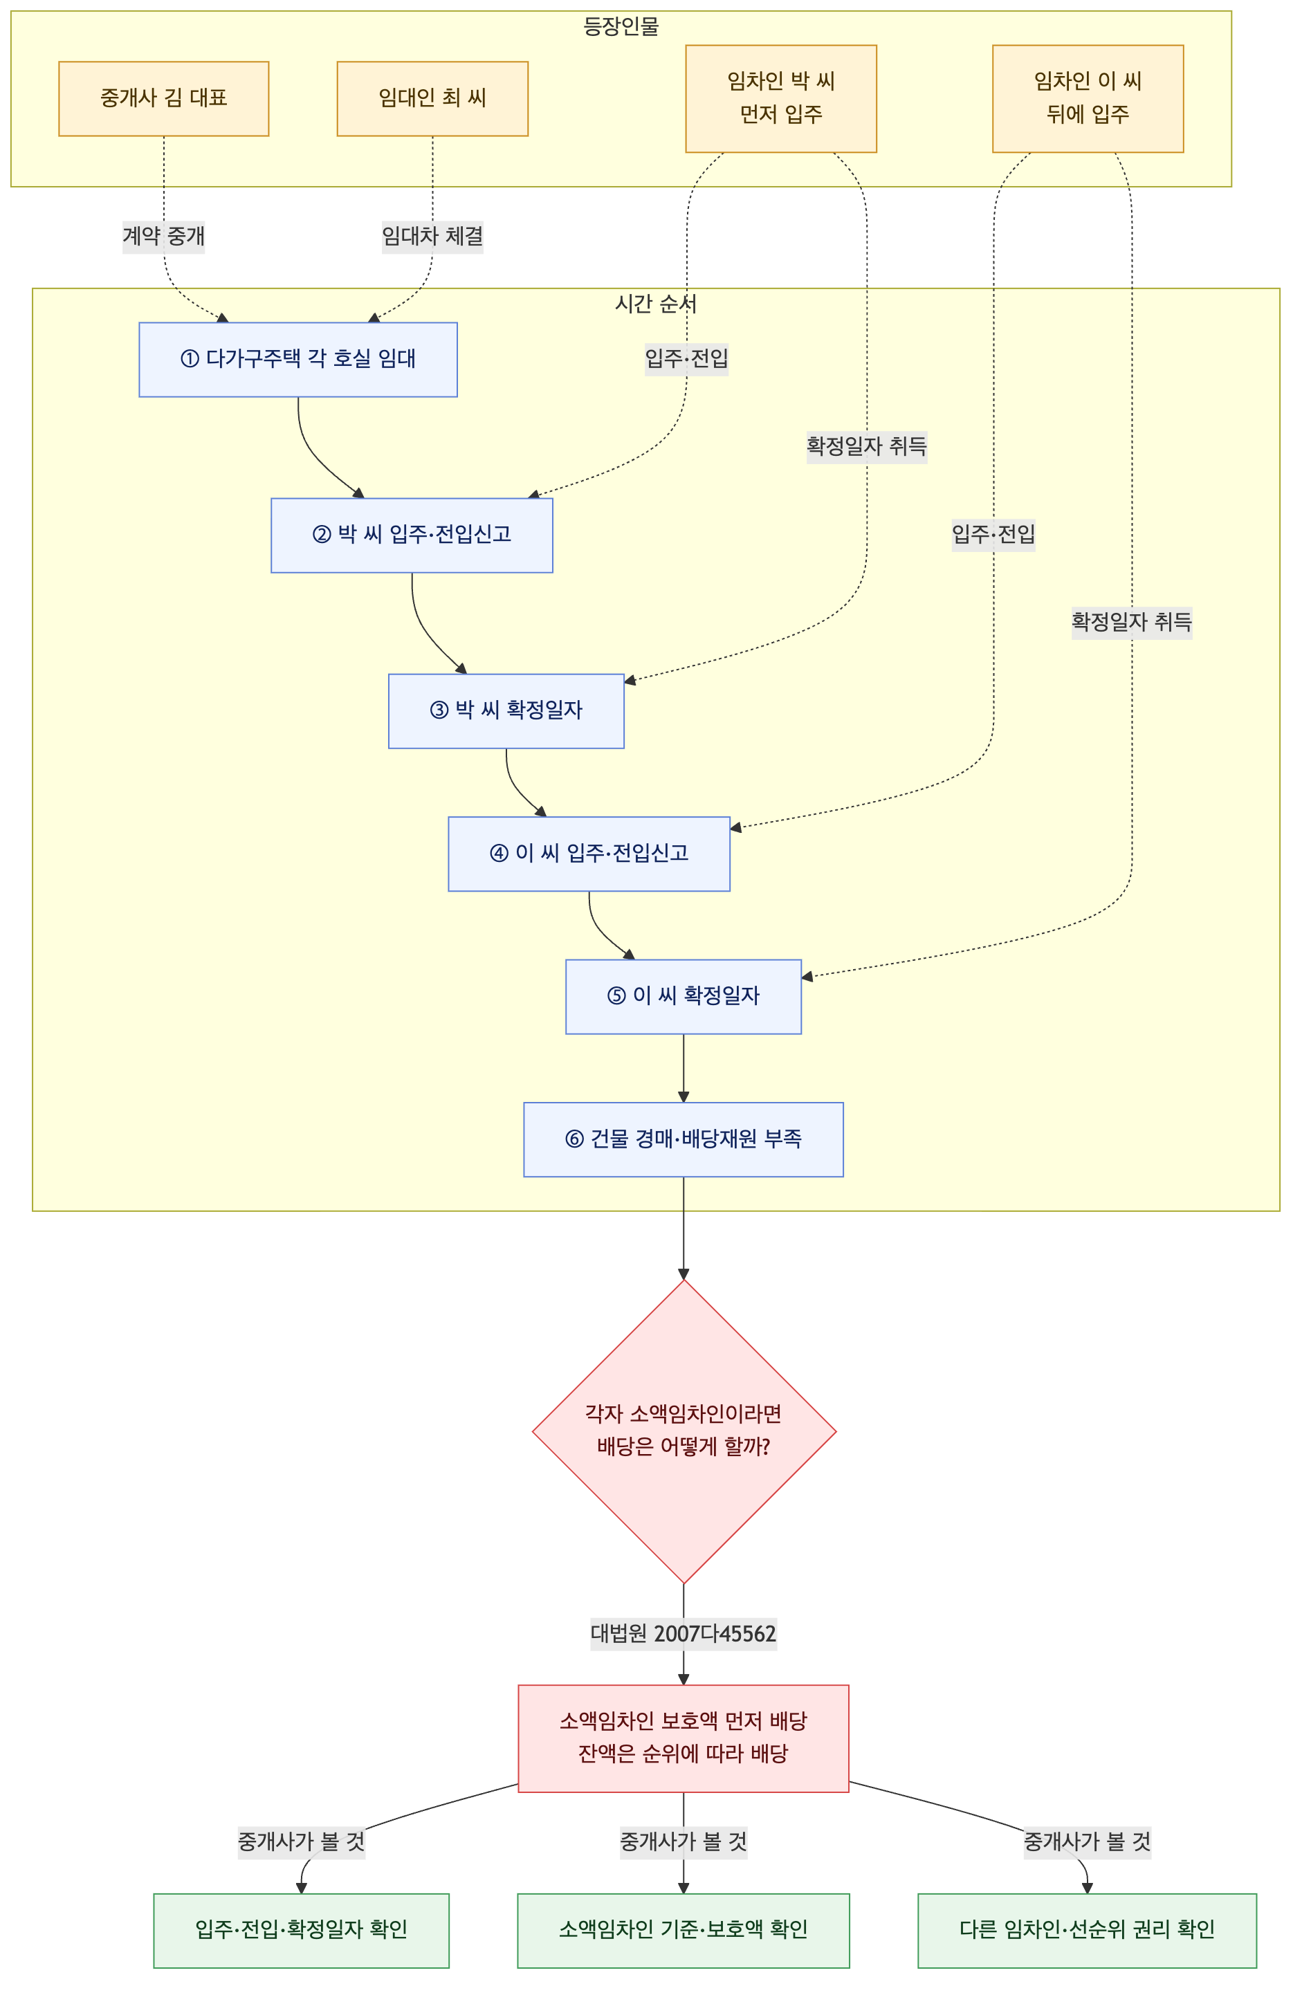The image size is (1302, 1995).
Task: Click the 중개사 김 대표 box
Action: [x=163, y=98]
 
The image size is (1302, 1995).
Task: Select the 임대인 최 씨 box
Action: [x=432, y=98]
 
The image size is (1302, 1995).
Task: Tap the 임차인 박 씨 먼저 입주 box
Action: [x=781, y=98]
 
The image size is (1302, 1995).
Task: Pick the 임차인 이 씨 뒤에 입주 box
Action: [x=1088, y=98]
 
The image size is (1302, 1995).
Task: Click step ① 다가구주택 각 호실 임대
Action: [x=298, y=360]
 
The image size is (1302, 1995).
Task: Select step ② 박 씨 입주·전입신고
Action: [x=412, y=535]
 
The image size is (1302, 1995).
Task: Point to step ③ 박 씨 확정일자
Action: [x=506, y=711]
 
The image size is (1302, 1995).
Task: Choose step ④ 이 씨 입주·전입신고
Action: [x=589, y=854]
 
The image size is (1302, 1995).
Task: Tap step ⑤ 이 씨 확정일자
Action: [x=684, y=997]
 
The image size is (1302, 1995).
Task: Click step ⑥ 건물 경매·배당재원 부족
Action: [x=684, y=1140]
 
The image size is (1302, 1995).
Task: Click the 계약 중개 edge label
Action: [x=163, y=237]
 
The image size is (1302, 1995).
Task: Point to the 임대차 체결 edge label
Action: [x=432, y=237]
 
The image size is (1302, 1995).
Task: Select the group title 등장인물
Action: [x=621, y=27]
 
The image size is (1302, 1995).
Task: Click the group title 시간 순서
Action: [x=656, y=304]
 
